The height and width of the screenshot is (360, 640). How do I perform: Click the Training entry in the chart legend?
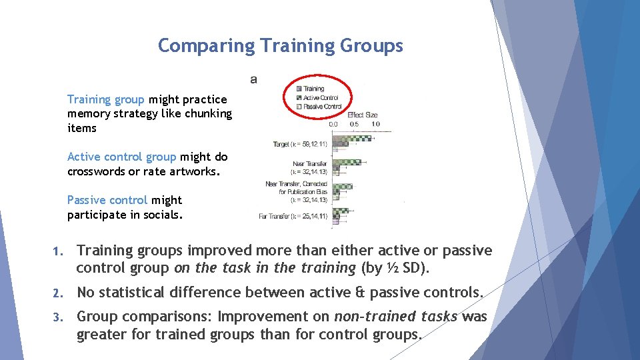pos(313,88)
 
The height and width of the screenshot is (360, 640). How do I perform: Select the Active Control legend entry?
pos(320,97)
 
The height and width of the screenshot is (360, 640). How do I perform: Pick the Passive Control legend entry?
pos(322,106)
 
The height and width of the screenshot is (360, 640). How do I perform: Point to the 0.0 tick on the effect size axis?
pos(334,124)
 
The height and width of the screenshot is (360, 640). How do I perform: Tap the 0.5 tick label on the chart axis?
pos(355,124)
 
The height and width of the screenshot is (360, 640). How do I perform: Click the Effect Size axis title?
pos(362,115)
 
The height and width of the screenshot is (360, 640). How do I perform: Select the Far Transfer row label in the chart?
pos(284,215)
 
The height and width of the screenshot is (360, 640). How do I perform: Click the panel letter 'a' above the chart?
pos(253,79)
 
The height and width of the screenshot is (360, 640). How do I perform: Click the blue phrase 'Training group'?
pos(105,99)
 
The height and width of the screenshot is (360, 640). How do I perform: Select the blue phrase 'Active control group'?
pos(121,157)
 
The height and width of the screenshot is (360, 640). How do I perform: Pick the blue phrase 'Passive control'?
pos(107,200)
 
